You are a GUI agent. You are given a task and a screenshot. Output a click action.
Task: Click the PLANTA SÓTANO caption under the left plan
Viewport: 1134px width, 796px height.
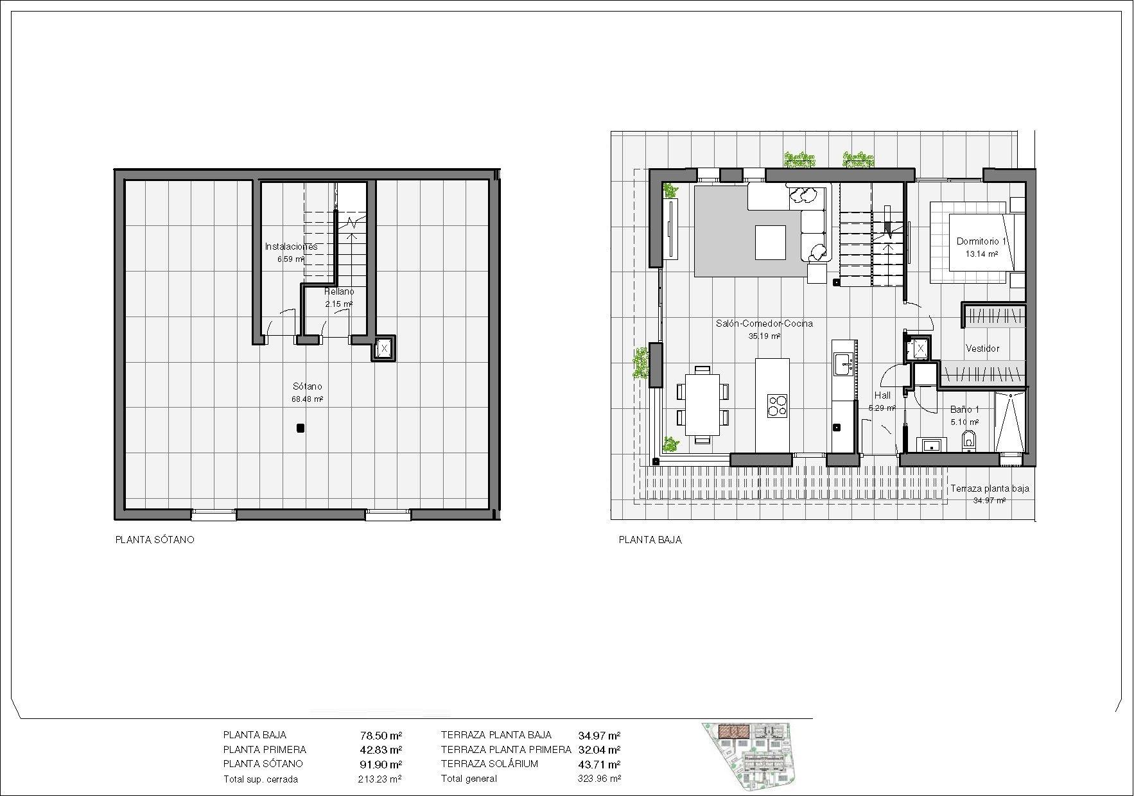click(x=154, y=540)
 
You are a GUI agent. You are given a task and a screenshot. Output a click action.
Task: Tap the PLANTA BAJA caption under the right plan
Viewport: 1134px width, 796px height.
click(x=650, y=540)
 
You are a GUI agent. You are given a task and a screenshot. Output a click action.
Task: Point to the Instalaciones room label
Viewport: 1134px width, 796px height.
click(x=291, y=247)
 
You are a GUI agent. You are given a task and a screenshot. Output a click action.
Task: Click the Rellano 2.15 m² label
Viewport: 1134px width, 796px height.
click(x=339, y=292)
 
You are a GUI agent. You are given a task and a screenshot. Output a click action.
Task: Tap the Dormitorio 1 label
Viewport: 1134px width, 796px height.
click(x=982, y=242)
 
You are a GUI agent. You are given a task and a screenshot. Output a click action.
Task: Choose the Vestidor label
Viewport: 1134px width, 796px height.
click(x=982, y=349)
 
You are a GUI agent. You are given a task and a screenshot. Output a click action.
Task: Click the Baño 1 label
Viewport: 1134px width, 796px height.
click(x=964, y=410)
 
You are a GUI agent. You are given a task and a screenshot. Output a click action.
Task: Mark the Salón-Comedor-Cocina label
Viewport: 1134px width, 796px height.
click(x=764, y=324)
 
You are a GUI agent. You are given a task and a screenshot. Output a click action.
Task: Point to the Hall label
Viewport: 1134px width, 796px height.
click(x=882, y=396)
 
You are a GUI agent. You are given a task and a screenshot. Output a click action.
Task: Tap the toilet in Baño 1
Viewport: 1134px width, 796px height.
click(x=969, y=441)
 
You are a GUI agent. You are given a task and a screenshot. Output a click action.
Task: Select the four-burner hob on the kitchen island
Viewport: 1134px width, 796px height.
click(x=777, y=405)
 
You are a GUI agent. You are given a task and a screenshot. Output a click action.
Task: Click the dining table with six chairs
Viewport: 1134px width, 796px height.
click(x=702, y=404)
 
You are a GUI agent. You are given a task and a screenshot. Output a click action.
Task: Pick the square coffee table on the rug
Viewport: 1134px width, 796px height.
click(x=771, y=242)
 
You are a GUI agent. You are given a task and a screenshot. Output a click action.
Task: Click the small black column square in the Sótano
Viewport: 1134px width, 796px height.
click(x=300, y=428)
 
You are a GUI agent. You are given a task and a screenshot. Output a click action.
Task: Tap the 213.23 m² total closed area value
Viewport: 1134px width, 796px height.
click(x=379, y=779)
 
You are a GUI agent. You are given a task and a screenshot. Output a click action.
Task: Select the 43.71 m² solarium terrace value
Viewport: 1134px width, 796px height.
click(x=599, y=765)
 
